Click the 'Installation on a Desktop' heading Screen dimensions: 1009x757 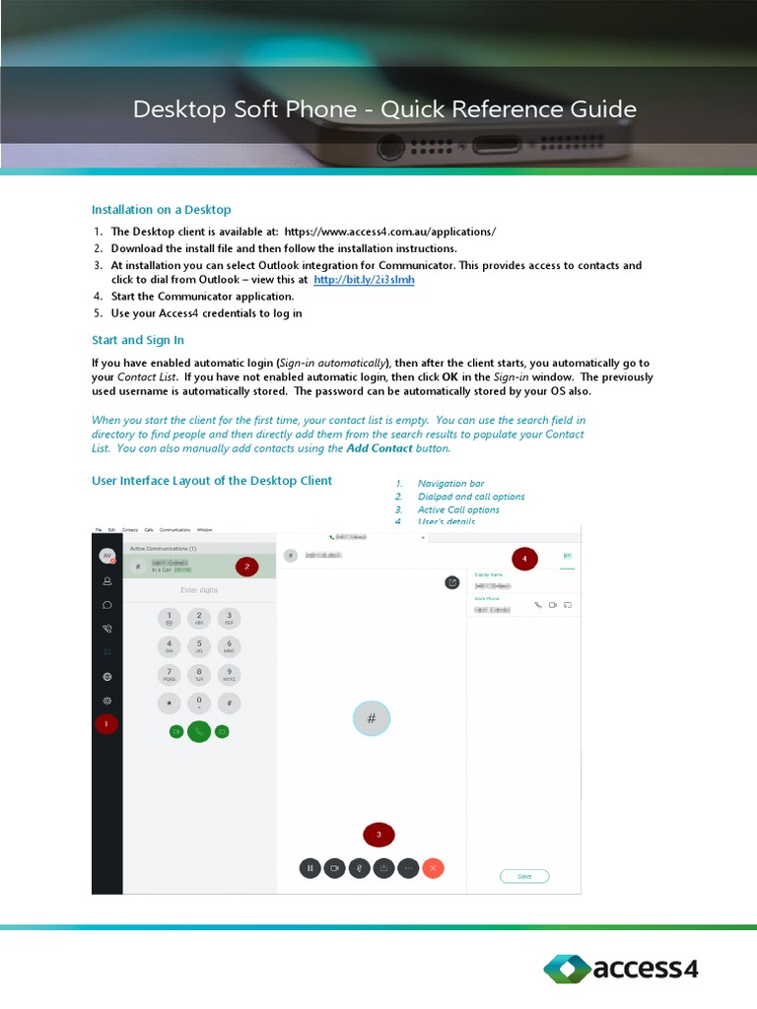pos(161,210)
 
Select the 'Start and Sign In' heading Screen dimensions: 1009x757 pos(137,340)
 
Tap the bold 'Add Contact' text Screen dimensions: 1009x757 pos(379,448)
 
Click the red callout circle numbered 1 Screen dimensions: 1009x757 pos(106,724)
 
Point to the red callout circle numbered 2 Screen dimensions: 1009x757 pos(246,567)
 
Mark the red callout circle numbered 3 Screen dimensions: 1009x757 pos(378,836)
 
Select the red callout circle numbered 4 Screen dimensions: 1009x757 pos(524,559)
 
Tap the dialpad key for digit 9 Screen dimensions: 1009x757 pos(229,675)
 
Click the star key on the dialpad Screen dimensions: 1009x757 pos(170,704)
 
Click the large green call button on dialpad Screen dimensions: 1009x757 pos(199,731)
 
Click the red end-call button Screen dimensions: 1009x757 pos(433,868)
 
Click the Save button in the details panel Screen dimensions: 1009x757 pos(524,876)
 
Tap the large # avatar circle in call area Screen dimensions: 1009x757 pos(372,719)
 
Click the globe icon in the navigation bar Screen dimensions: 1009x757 pos(106,677)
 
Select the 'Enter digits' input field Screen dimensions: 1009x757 pos(199,590)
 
